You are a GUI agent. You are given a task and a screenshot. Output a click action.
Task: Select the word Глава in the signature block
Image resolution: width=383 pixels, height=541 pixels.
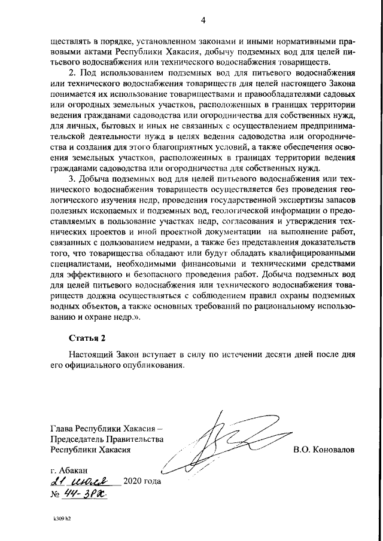click(63, 428)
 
